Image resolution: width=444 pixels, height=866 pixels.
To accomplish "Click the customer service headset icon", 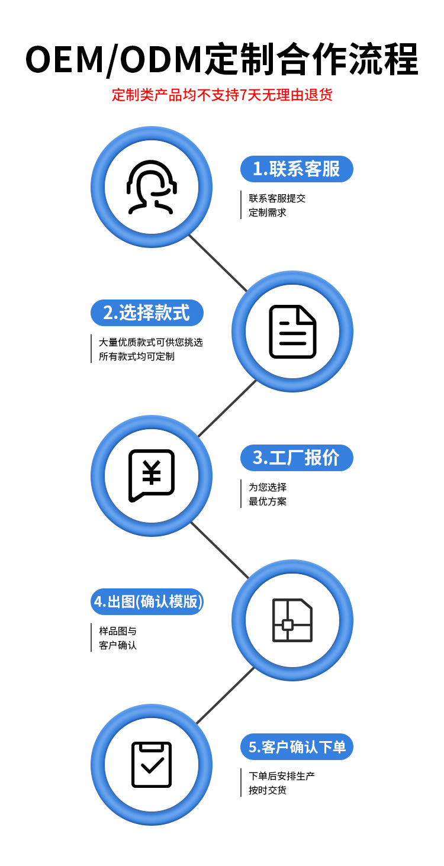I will [x=152, y=186].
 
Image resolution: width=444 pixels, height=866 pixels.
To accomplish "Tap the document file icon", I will [x=292, y=331].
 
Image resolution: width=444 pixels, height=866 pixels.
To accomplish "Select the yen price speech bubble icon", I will [x=152, y=475].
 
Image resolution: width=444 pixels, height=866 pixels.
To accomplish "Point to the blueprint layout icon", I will [x=292, y=620].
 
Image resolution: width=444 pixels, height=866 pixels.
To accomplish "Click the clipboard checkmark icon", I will [x=152, y=764].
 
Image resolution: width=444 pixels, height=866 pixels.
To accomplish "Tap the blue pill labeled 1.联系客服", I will [x=297, y=169].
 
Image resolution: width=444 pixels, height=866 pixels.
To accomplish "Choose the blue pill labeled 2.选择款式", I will [x=147, y=313].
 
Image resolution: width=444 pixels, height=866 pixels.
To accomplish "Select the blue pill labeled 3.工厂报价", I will [x=297, y=458].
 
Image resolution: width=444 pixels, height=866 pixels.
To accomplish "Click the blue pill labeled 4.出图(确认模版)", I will [x=147, y=602].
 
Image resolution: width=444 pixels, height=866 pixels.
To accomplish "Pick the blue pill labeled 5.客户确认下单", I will [x=297, y=747].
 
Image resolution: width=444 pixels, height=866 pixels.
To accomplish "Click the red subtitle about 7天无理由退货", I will [x=222, y=95].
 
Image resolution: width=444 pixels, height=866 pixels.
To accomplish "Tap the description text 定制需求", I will [x=268, y=213].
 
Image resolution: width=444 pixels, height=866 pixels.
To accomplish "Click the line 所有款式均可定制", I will [x=137, y=356].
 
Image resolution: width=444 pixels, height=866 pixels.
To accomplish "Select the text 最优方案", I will [x=268, y=501].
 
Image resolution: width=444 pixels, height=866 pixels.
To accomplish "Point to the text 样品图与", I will [x=118, y=631].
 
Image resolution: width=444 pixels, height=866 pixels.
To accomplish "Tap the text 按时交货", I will [x=268, y=790].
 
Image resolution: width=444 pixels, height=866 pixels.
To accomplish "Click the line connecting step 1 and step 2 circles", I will [x=217, y=262].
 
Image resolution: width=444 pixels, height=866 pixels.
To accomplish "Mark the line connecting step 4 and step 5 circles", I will [x=225, y=696].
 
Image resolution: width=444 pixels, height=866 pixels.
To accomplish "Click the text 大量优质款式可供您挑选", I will [x=151, y=342].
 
